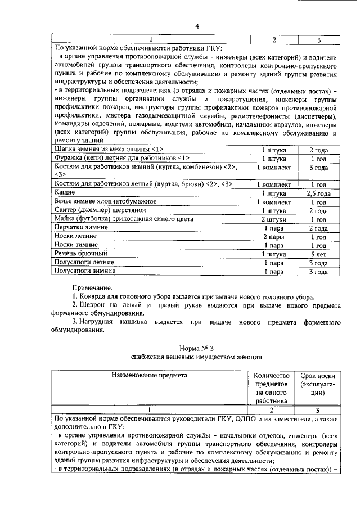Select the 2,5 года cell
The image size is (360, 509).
(x=318, y=192)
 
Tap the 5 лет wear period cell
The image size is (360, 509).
(x=318, y=254)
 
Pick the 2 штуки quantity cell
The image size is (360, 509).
(x=274, y=219)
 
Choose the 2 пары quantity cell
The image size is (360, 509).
(x=274, y=236)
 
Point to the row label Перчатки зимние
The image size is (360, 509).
(x=80, y=228)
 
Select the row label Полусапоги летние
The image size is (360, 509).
(x=84, y=263)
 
